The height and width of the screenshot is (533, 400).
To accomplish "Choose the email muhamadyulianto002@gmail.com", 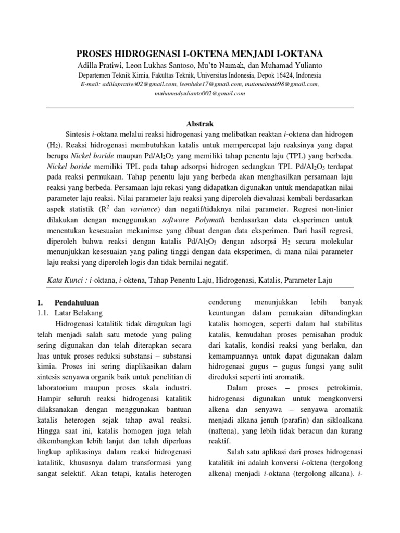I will pos(200,93).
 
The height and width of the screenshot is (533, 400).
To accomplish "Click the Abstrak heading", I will pos(200,123).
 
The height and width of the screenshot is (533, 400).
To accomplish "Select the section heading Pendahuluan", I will pos(77,302).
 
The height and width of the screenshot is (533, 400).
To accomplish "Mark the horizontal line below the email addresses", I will pos(200,108).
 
